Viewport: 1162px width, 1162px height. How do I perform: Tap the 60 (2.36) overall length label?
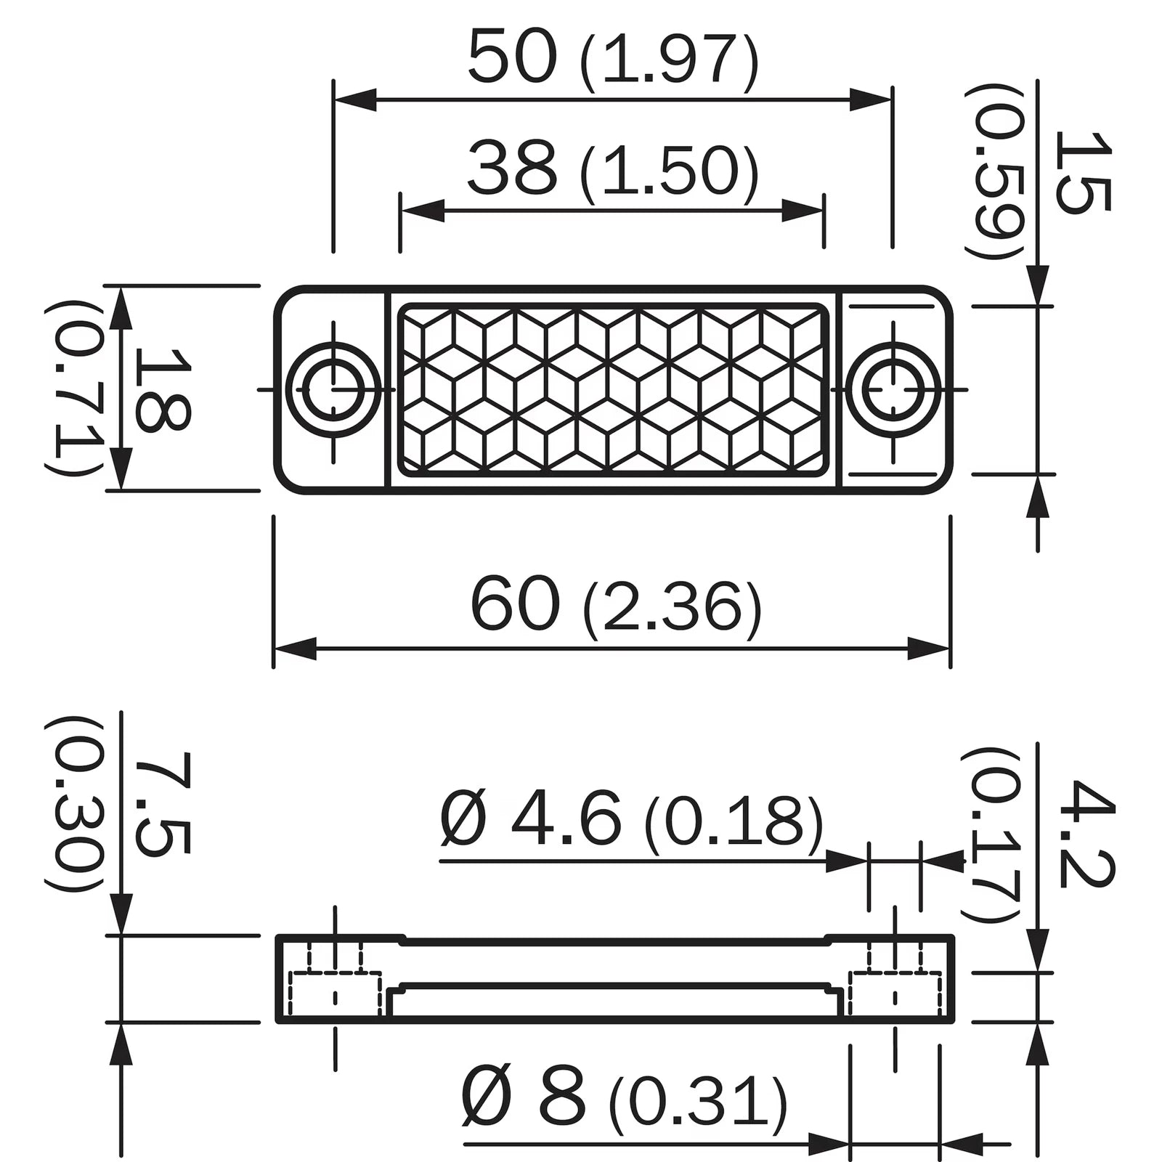[x=616, y=607]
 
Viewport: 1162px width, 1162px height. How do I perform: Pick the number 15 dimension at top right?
[x=1082, y=173]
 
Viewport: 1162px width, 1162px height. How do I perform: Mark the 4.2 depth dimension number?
[x=1086, y=834]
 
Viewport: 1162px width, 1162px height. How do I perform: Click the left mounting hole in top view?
[x=334, y=389]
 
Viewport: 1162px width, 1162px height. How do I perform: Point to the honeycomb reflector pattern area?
[x=613, y=389]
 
